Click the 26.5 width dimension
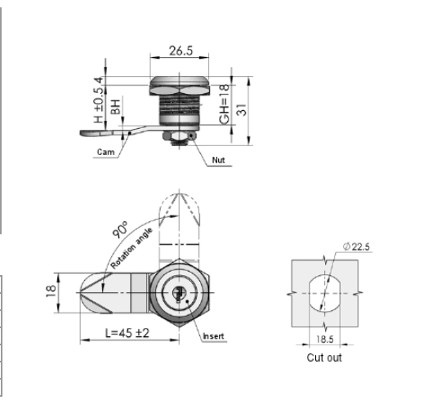(175, 51)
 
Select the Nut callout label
(217, 161)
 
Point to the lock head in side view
(176, 85)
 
